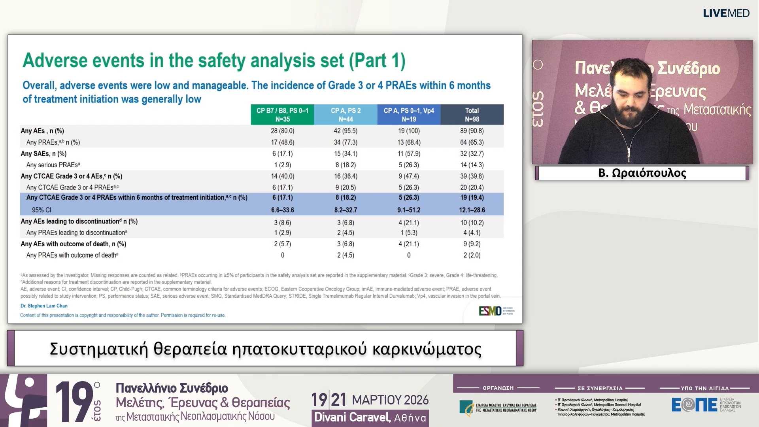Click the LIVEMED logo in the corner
tap(726, 13)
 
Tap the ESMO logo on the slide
tap(490, 311)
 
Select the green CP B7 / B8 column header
tap(282, 115)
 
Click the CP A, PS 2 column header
tap(346, 115)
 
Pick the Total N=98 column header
tap(472, 115)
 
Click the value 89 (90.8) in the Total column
tap(472, 131)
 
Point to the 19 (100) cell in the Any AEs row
tap(409, 131)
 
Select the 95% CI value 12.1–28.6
tap(472, 210)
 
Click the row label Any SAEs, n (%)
tap(43, 153)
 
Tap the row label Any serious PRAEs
tap(53, 165)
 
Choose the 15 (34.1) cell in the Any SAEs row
tap(346, 153)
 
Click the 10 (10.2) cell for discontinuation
tap(472, 223)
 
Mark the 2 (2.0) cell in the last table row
tap(472, 255)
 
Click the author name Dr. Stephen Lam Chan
tap(44, 306)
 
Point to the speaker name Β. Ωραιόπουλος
tap(642, 173)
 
